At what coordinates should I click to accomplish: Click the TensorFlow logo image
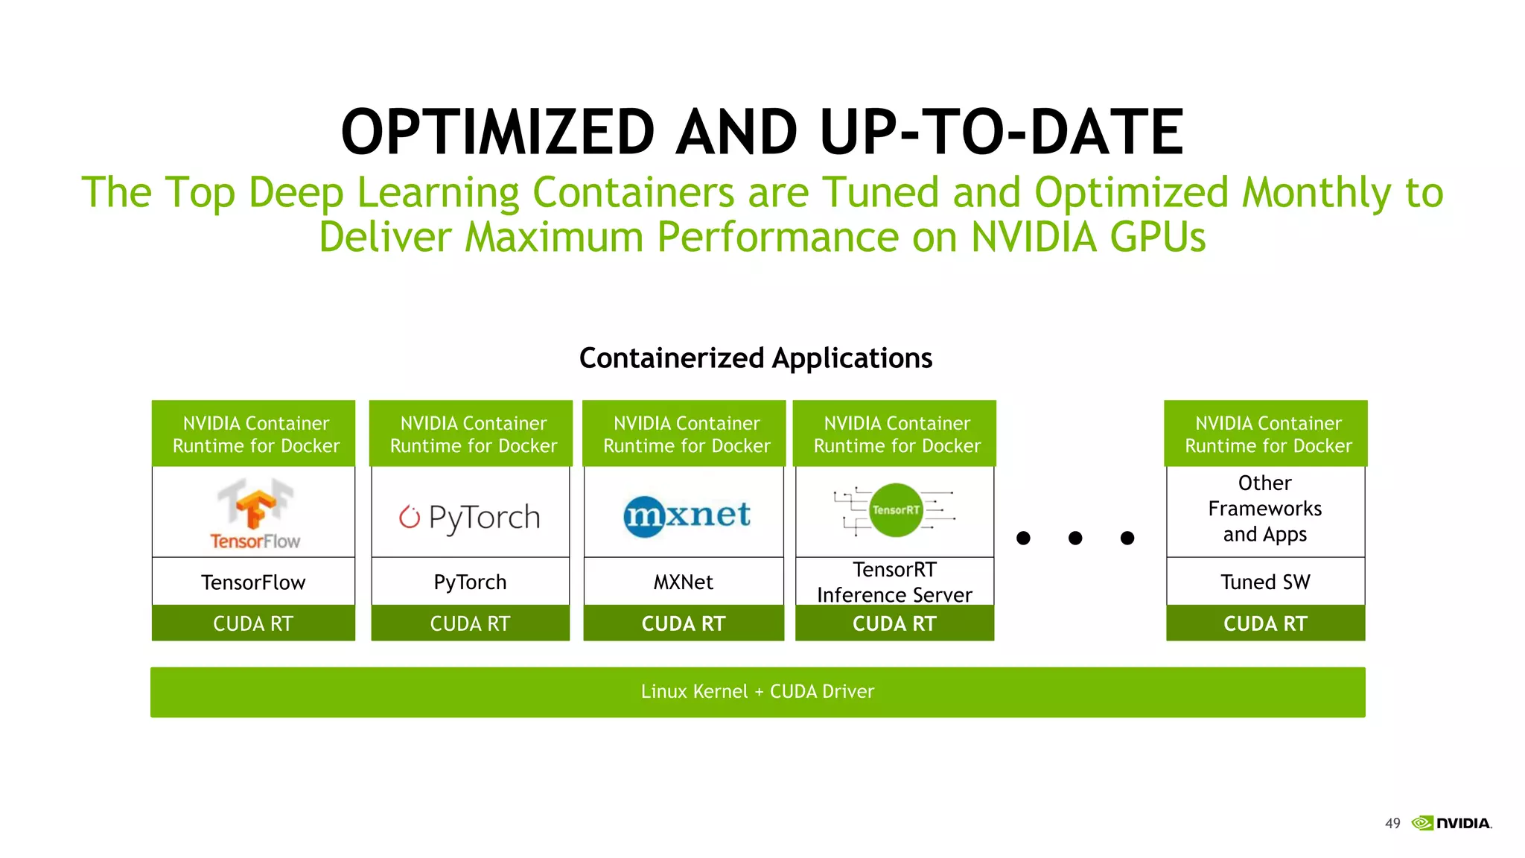(255, 514)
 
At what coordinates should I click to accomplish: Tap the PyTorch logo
(470, 517)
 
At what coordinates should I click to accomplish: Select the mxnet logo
(686, 515)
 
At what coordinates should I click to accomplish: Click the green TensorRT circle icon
(896, 510)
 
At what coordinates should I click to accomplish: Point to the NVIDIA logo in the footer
(1452, 823)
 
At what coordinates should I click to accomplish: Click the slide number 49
(1392, 823)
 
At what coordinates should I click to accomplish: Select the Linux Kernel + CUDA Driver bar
(757, 692)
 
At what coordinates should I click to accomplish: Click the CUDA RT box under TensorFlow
(253, 623)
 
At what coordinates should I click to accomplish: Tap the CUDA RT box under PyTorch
(470, 623)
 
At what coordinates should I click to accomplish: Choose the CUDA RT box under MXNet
(684, 623)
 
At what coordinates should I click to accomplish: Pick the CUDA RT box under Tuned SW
(1265, 623)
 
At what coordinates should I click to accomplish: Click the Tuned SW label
(1265, 582)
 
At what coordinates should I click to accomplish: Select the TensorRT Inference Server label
(894, 582)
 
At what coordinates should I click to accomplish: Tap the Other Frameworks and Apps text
(1265, 509)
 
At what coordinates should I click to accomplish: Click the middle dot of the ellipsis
(1075, 538)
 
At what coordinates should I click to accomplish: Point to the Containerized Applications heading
(756, 358)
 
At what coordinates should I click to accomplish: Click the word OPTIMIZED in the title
(497, 132)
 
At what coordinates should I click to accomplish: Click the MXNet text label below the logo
(684, 582)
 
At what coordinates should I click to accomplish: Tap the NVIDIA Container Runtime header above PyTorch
(473, 434)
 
